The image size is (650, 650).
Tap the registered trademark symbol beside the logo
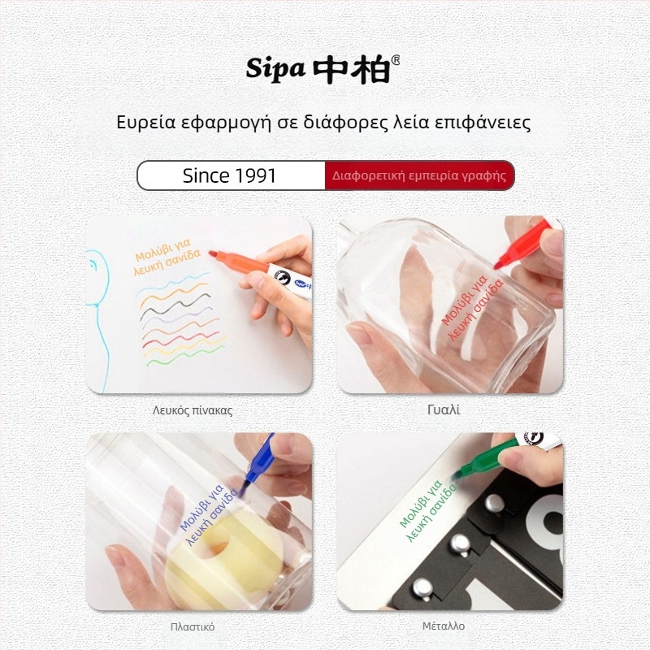(x=396, y=59)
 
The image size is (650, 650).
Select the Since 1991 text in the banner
(x=229, y=175)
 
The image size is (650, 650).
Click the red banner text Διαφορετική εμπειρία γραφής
(x=418, y=175)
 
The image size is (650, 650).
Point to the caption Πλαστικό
(x=193, y=626)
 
